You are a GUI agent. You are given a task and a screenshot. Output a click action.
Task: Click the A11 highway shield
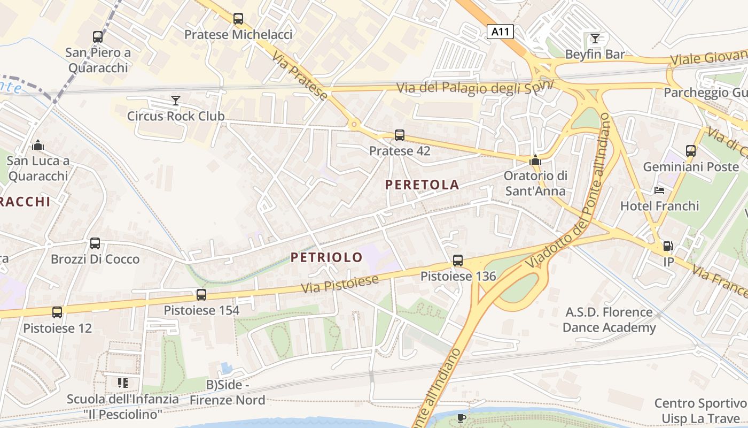[500, 32]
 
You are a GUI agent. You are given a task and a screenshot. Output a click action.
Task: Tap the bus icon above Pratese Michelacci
[238, 19]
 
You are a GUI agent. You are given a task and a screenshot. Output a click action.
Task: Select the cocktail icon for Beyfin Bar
[595, 38]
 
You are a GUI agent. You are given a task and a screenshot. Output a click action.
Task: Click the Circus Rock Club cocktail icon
[175, 100]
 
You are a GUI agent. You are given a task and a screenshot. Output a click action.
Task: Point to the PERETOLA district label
[422, 185]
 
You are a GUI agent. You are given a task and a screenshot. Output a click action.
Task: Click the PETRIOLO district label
[326, 257]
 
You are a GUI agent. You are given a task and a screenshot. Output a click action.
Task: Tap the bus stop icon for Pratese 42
[400, 135]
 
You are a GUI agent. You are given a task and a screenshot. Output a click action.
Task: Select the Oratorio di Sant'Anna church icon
[534, 160]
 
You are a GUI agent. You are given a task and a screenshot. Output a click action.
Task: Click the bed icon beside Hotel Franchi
[659, 190]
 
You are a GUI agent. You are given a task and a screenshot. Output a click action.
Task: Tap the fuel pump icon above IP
[668, 246]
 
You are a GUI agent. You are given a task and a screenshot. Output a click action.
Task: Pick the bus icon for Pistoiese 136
[458, 261]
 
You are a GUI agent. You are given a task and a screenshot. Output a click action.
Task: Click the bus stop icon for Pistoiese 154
[201, 294]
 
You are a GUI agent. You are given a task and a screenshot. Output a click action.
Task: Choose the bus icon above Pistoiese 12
[57, 312]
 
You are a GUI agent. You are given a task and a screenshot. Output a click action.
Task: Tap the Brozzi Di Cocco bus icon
[95, 243]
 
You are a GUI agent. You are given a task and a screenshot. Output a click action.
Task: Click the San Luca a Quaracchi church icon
[38, 145]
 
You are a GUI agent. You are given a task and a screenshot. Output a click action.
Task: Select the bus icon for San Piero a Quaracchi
[98, 37]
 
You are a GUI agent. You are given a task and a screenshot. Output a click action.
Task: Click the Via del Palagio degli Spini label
[474, 87]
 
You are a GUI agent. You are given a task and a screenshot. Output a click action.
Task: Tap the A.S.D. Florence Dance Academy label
[609, 320]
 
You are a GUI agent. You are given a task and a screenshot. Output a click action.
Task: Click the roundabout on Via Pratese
[353, 124]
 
